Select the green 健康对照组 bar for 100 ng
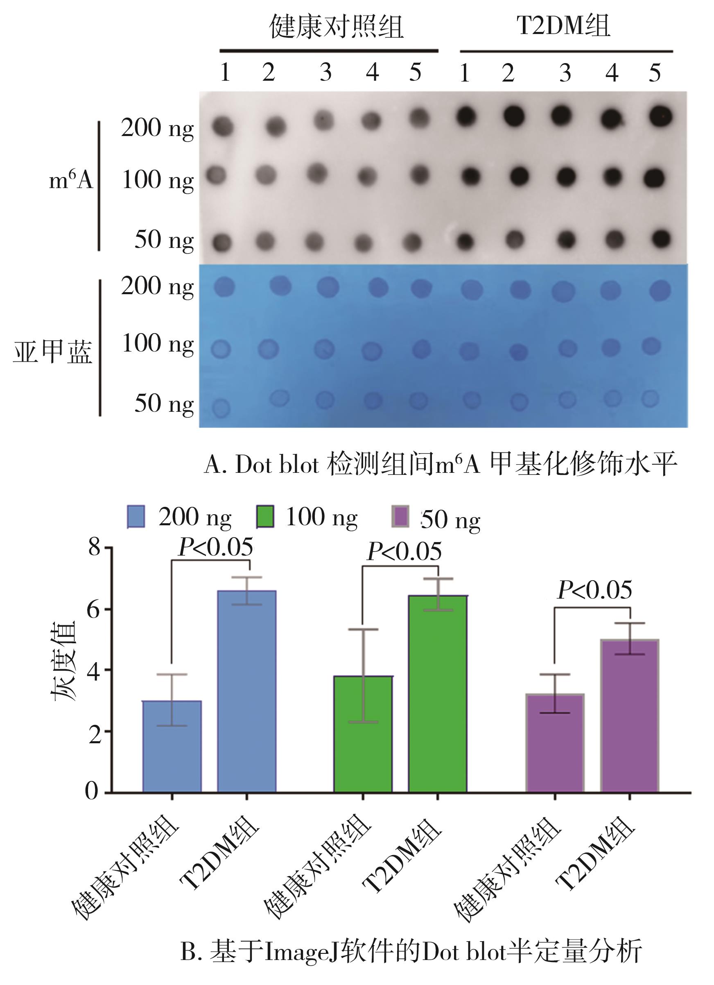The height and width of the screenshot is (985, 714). pos(363,734)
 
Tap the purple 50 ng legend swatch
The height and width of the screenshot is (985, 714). pos(400,516)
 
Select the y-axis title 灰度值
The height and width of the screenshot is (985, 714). pos(63,660)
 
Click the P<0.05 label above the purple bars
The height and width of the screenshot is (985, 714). pos(594,590)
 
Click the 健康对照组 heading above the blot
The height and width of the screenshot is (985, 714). pos(337,27)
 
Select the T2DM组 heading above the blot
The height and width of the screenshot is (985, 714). pos(563,26)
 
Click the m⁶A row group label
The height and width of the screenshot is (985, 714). pos(71,179)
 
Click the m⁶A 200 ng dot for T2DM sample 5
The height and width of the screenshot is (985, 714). pos(661,116)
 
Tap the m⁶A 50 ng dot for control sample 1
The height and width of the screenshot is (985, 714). pos(222,241)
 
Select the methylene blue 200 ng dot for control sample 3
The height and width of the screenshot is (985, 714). pos(328,288)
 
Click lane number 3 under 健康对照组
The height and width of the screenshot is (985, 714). pos(325,73)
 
